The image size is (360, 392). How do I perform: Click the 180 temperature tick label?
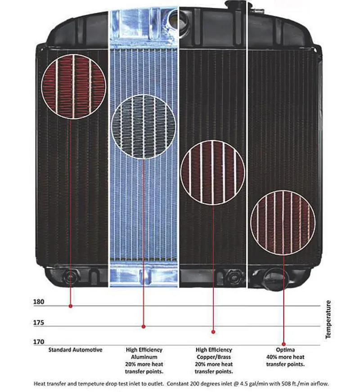(39, 302)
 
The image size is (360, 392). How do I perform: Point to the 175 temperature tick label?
(39, 323)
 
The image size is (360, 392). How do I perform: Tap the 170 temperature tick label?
(39, 342)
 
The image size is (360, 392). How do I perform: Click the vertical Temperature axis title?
(328, 320)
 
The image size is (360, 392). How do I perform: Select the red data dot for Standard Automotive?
(71, 306)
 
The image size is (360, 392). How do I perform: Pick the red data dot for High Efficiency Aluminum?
(144, 326)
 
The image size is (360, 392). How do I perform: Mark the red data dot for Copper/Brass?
(213, 332)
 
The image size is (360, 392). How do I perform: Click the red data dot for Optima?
(283, 344)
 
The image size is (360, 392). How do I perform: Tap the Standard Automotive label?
(75, 350)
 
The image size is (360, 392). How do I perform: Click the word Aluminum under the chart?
(144, 357)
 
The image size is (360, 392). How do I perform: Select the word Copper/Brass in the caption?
(214, 357)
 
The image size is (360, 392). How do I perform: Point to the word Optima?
(285, 350)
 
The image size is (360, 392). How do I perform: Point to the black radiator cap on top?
(235, 5)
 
